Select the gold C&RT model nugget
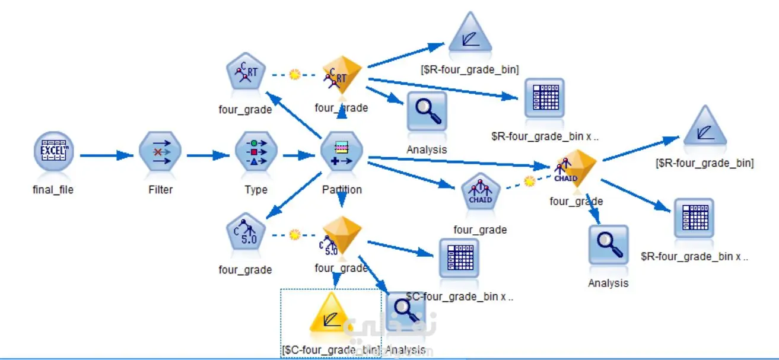[342, 75]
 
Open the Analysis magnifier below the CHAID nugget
[608, 245]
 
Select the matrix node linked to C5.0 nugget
[459, 259]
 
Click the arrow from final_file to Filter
[107, 155]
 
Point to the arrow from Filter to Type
[208, 156]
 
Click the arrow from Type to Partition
[298, 156]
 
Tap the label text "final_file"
[54, 190]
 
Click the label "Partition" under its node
[342, 190]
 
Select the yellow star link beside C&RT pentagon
[294, 75]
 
